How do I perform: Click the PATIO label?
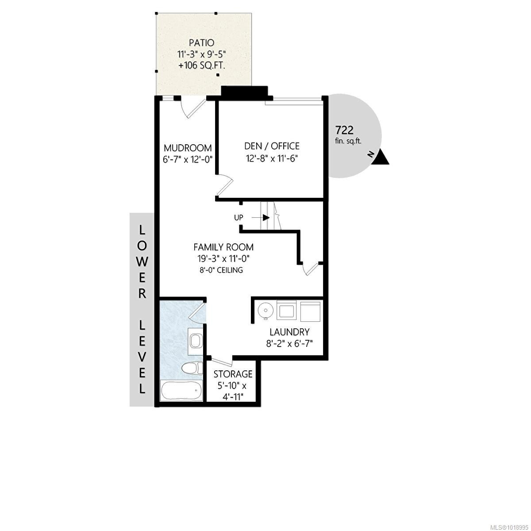tap(201, 43)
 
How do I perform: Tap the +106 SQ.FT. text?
tap(201, 66)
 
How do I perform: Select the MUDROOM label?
tap(188, 148)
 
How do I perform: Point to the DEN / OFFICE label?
tap(272, 146)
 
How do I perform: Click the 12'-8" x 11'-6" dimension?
tap(272, 158)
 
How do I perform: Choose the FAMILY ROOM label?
tap(223, 247)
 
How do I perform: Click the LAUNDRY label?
tap(289, 332)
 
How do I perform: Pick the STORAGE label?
tap(233, 374)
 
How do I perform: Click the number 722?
tap(344, 130)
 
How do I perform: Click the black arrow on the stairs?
tap(265, 217)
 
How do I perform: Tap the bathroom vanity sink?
tap(196, 341)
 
